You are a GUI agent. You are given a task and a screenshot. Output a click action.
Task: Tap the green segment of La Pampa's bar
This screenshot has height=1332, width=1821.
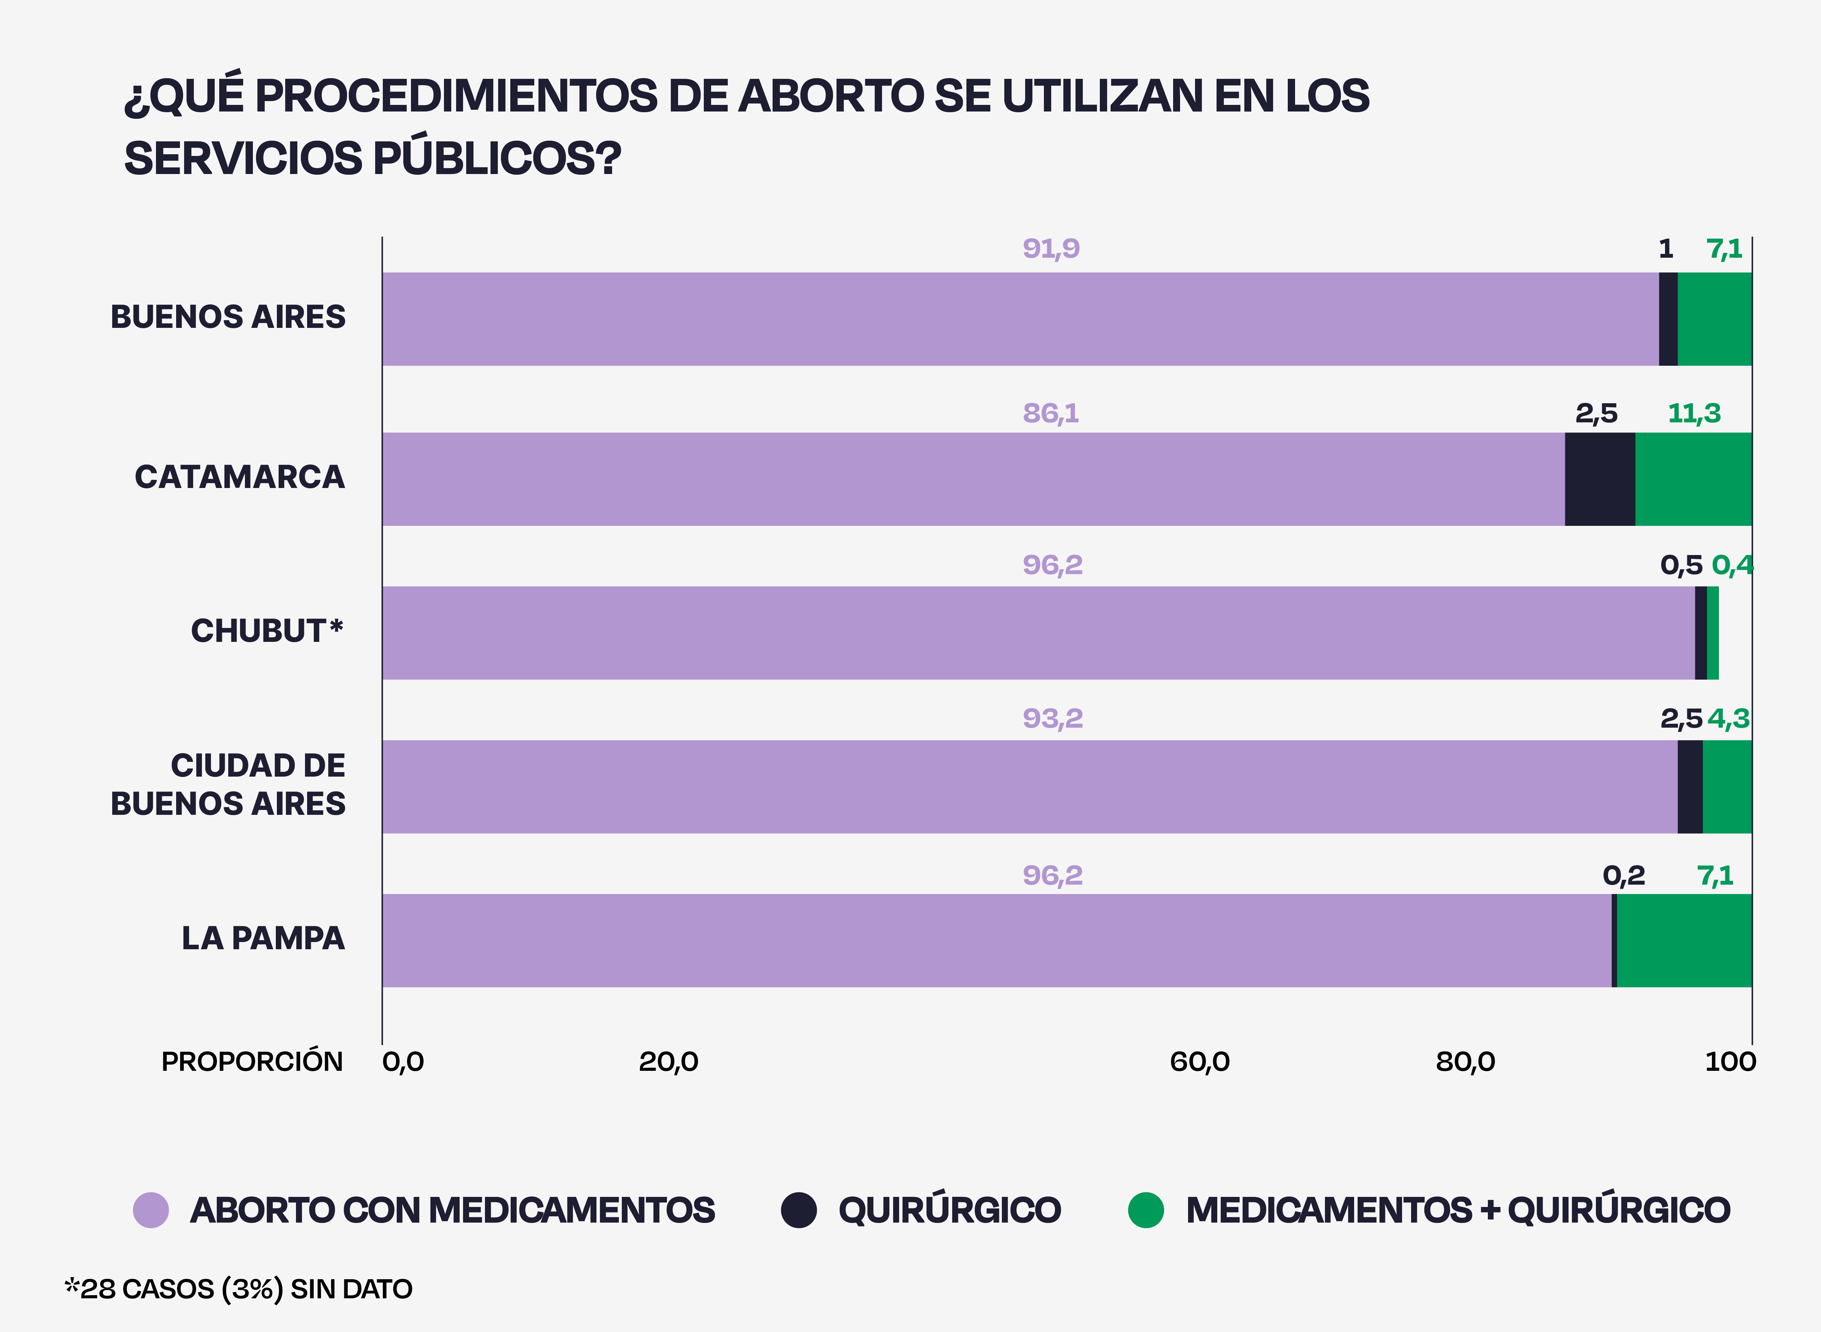pyautogui.click(x=1684, y=940)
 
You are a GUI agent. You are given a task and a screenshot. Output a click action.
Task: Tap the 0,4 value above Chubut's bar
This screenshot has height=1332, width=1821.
pyautogui.click(x=1731, y=565)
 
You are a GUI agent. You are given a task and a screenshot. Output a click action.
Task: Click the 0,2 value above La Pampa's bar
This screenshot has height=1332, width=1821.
pyautogui.click(x=1623, y=876)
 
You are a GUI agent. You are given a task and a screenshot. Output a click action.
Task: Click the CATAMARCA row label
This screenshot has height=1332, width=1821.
pyautogui.click(x=239, y=477)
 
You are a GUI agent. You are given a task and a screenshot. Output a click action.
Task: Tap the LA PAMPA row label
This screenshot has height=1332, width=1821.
pyautogui.click(x=263, y=938)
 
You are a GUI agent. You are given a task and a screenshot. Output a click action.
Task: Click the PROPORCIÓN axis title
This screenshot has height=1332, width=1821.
pyautogui.click(x=252, y=1062)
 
